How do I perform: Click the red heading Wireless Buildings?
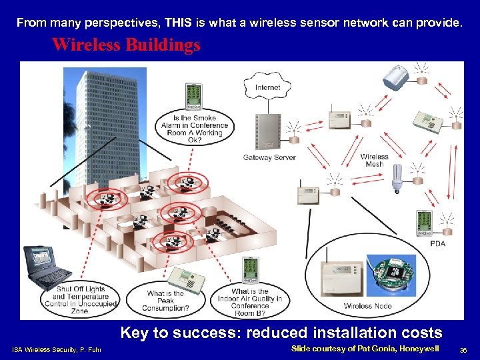(126, 45)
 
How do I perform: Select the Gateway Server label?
(269, 158)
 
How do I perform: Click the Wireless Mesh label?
(374, 161)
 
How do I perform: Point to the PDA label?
(437, 243)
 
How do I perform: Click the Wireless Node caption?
(368, 306)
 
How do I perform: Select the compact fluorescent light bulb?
(398, 178)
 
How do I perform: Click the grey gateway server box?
(269, 131)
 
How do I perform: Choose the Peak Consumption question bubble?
(167, 301)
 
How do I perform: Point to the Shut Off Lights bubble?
(81, 299)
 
